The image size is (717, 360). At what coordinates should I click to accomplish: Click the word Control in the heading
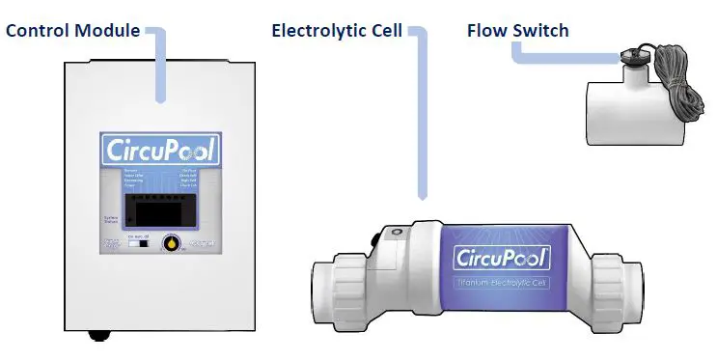click(x=38, y=29)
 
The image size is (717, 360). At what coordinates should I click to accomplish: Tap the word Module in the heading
click(x=106, y=29)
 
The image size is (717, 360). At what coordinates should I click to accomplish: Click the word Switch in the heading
click(x=541, y=30)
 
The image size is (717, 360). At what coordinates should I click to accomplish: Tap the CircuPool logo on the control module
click(x=161, y=151)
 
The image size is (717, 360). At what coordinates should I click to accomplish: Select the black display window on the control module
click(x=161, y=206)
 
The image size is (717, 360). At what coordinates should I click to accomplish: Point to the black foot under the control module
click(x=97, y=335)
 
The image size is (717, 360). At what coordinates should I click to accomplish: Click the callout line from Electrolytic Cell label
click(x=422, y=116)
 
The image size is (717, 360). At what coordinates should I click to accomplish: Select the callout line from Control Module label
click(x=160, y=68)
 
